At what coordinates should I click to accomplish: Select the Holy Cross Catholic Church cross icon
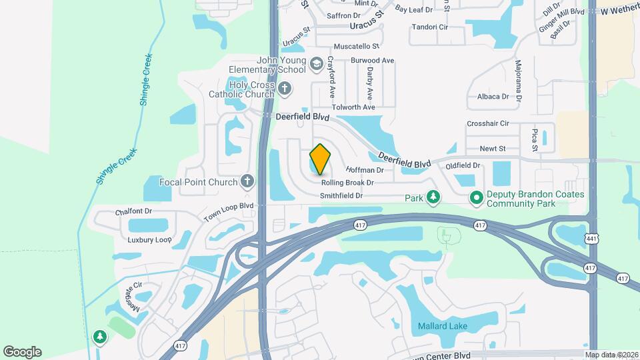(285, 88)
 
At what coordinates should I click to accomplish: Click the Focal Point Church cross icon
(247, 181)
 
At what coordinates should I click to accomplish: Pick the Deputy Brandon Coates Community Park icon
(477, 197)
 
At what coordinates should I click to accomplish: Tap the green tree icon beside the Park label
(433, 197)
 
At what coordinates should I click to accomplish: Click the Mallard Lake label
(442, 326)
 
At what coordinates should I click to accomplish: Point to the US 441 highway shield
(593, 238)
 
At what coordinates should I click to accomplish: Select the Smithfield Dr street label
(341, 196)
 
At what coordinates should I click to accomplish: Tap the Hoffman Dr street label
(365, 170)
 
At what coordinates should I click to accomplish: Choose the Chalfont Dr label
(134, 211)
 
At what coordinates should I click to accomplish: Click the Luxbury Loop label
(150, 239)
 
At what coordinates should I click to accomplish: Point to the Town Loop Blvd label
(229, 211)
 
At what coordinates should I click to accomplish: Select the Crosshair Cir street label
(488, 123)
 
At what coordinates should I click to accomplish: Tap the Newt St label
(493, 149)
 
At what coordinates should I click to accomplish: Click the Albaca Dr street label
(493, 96)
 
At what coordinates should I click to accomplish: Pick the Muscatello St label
(356, 47)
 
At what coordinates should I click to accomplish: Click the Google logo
(22, 351)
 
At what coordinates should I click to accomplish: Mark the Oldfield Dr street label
(463, 165)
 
